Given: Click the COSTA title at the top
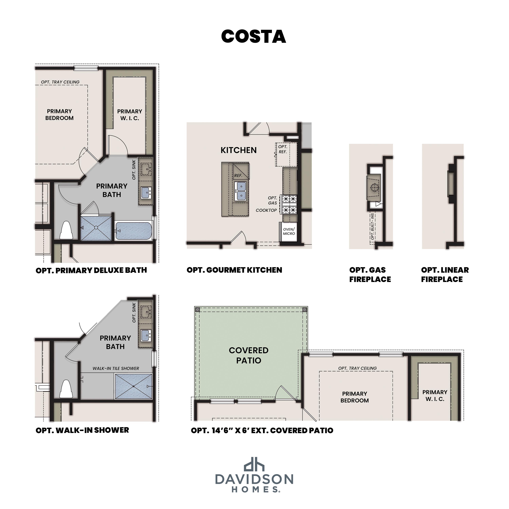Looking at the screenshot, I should tap(253, 36).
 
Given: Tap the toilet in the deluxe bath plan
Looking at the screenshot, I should tap(66, 230).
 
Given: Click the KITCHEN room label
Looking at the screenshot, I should tap(238, 150).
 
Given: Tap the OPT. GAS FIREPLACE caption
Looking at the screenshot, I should tap(370, 275).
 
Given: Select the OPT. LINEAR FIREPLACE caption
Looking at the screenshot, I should tap(445, 275).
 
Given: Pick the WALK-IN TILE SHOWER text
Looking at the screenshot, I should tap(116, 368).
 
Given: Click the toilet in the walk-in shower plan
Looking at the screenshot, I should tap(66, 389).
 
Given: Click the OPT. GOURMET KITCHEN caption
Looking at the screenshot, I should tap(234, 270).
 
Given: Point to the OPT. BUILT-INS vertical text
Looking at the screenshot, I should tap(372, 227).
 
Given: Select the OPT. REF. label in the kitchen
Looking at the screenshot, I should tap(282, 149).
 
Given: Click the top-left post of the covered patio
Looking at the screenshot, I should tap(198, 310).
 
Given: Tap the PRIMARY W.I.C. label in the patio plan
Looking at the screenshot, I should tap(435, 395).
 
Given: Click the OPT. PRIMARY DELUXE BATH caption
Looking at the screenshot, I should tap(91, 270).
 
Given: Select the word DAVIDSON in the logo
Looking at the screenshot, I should tap(254, 479).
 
